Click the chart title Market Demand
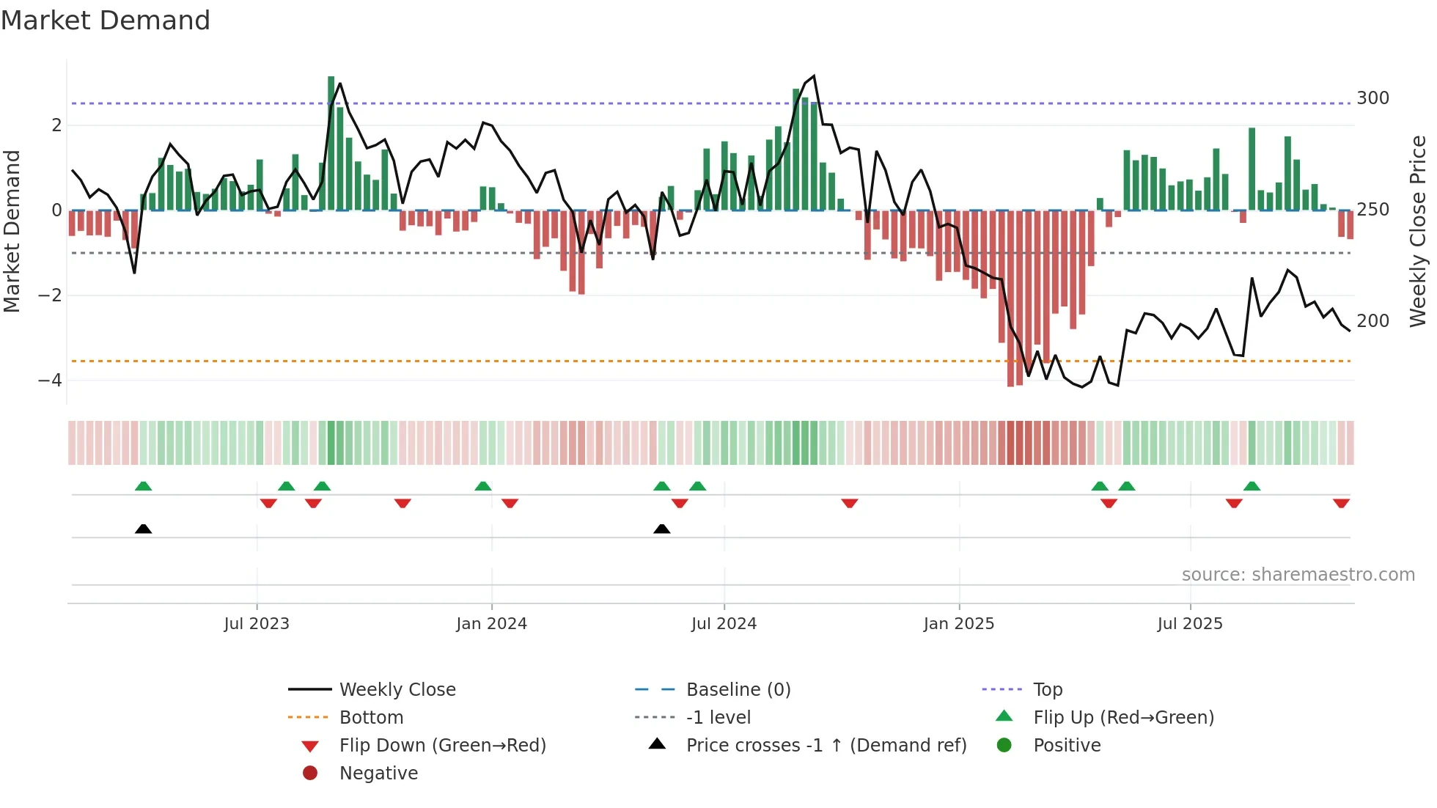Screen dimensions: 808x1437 click(x=106, y=21)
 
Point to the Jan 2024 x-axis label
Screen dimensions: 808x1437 click(x=491, y=624)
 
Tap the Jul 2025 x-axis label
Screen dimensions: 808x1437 click(x=1190, y=624)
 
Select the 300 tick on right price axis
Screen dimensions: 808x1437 click(x=1372, y=98)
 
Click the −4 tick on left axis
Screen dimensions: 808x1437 click(x=50, y=381)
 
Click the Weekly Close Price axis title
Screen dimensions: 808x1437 click(x=1418, y=231)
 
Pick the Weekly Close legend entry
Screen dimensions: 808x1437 click(x=397, y=690)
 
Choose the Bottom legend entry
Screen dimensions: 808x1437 click(x=371, y=718)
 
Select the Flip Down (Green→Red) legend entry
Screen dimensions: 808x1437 click(x=442, y=746)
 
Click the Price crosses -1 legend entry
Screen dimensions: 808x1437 click(x=826, y=746)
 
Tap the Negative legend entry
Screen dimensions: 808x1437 click(x=378, y=774)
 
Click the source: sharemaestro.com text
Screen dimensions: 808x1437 click(x=1298, y=575)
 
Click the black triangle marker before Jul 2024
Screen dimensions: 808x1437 click(x=662, y=529)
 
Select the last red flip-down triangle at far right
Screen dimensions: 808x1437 click(x=1341, y=503)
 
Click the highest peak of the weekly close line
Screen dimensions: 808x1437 click(x=814, y=76)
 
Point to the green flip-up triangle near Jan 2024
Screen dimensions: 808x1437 click(x=482, y=486)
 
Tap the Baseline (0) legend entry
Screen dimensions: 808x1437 click(x=738, y=690)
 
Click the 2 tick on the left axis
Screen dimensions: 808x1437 click(x=56, y=125)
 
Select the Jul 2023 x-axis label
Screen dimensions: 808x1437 click(x=257, y=624)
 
